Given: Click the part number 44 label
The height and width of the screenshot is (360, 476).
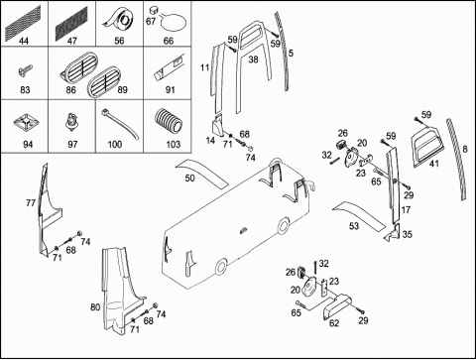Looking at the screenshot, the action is tap(24, 41).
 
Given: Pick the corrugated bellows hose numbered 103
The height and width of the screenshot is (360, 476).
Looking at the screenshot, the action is tap(169, 122).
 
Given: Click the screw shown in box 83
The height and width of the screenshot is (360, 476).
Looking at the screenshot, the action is tap(25, 70).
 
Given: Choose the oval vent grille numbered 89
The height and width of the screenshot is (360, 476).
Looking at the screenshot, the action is tap(104, 81).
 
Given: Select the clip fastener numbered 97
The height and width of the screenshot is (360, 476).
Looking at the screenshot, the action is tap(71, 122).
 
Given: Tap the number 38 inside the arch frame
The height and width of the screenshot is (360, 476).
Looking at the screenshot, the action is tap(253, 60).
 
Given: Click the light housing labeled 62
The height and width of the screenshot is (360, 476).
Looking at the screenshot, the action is tap(337, 306).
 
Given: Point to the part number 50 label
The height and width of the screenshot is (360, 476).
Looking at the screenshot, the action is tap(189, 179).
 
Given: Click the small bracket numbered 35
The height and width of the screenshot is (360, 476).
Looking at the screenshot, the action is tap(394, 233).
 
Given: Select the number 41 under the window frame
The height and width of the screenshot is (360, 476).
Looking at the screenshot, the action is tap(434, 164).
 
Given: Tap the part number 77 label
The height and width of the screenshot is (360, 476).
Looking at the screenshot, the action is tap(31, 202).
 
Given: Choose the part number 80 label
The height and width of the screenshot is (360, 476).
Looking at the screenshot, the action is tap(95, 307).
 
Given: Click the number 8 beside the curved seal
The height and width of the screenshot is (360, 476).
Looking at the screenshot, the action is tap(465, 149).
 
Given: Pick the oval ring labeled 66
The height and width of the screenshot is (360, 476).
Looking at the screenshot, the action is tap(174, 23).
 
